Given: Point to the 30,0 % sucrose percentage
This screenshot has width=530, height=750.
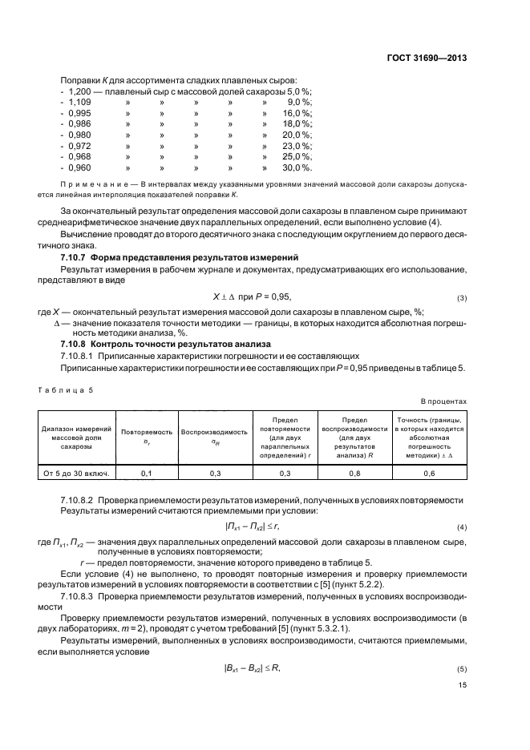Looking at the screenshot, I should (297, 167).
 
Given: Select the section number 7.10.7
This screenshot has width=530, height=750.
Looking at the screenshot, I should (75, 256).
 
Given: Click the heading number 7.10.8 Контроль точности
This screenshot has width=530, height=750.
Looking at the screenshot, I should (75, 344).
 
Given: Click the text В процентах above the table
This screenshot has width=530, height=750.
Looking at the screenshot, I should (443, 400).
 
